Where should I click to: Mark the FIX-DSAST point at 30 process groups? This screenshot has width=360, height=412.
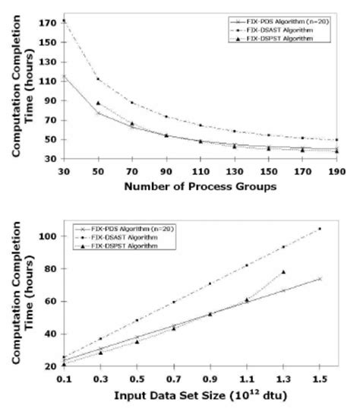[x=65, y=21]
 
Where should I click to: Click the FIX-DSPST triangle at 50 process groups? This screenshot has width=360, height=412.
[x=98, y=103]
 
